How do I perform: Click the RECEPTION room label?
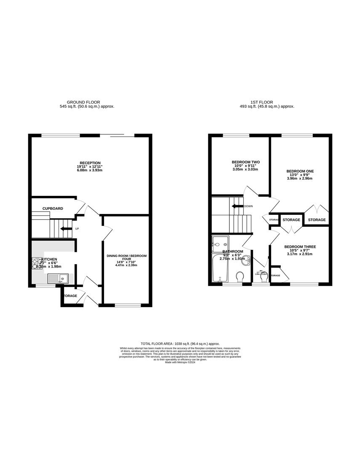coord(91,163)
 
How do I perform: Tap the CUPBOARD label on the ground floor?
coord(53,209)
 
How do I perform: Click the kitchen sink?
coord(58,278)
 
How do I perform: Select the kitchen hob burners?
coord(37,263)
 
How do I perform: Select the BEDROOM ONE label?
coord(300,171)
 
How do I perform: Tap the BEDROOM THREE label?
coord(300,247)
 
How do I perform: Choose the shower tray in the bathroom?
coord(220,242)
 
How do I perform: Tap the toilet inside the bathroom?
coord(240,277)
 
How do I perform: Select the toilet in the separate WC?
coord(264,280)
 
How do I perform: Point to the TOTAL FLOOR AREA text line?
coord(180,344)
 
